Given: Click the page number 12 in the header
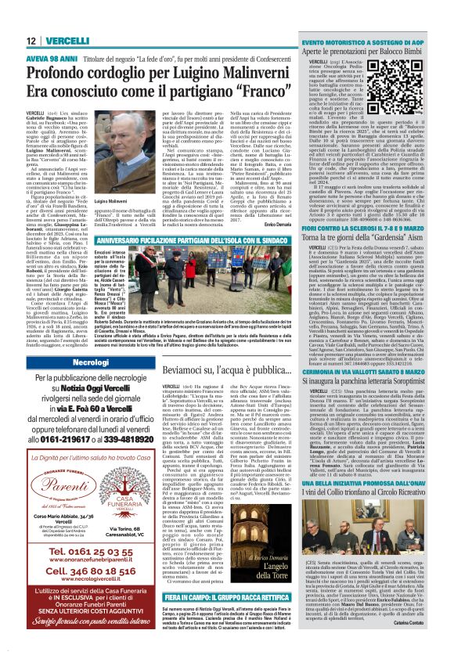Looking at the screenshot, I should (31, 40).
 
